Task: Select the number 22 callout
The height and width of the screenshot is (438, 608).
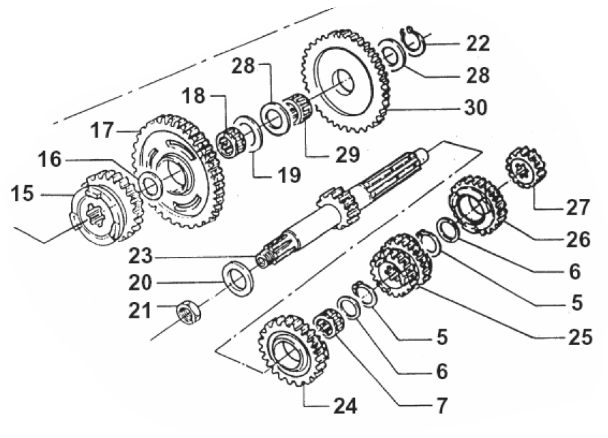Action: coord(478,44)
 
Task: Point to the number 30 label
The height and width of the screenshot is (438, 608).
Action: coord(478,107)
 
